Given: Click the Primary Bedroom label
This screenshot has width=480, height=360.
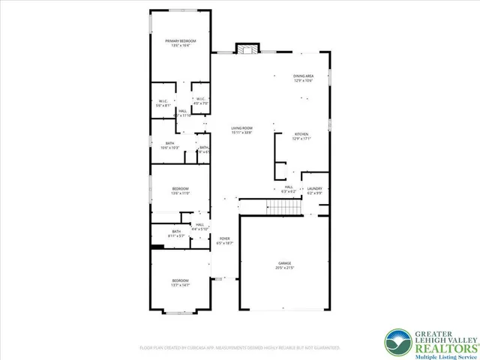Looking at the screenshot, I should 181,43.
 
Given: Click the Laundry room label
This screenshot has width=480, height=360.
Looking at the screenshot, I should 314,190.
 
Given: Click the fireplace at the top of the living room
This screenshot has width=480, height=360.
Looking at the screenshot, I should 247,49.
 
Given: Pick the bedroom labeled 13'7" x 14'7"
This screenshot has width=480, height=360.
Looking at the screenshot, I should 181,283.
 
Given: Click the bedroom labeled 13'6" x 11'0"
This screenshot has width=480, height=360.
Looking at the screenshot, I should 180,190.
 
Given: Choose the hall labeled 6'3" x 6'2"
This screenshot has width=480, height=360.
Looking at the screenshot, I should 288,190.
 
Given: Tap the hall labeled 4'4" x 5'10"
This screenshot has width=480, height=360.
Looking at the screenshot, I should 199,226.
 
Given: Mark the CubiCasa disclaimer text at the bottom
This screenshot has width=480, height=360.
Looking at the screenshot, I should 240,348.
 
